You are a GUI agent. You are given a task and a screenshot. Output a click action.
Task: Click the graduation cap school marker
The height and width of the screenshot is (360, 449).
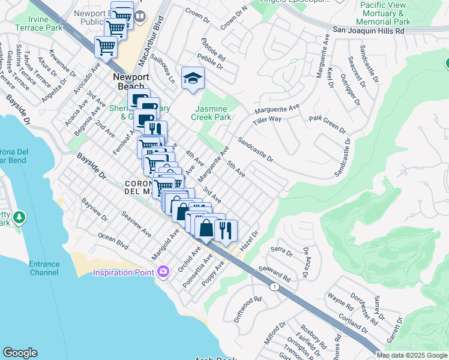click(193, 79)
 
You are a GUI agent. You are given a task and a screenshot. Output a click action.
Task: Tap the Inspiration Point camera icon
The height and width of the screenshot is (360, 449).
click(163, 273)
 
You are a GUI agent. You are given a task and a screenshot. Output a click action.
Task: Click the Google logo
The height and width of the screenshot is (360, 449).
click(21, 353)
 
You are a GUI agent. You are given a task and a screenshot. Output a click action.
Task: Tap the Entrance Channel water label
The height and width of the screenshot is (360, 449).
click(44, 268)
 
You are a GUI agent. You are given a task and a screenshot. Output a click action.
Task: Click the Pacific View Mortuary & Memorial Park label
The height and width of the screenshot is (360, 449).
click(385, 13)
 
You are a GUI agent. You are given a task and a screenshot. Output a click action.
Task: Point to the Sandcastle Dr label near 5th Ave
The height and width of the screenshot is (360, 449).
click(255, 150)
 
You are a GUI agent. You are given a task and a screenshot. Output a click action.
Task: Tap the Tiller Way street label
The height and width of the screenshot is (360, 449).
click(267, 119)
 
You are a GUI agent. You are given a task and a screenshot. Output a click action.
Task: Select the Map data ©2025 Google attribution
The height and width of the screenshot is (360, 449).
click(412, 355)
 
